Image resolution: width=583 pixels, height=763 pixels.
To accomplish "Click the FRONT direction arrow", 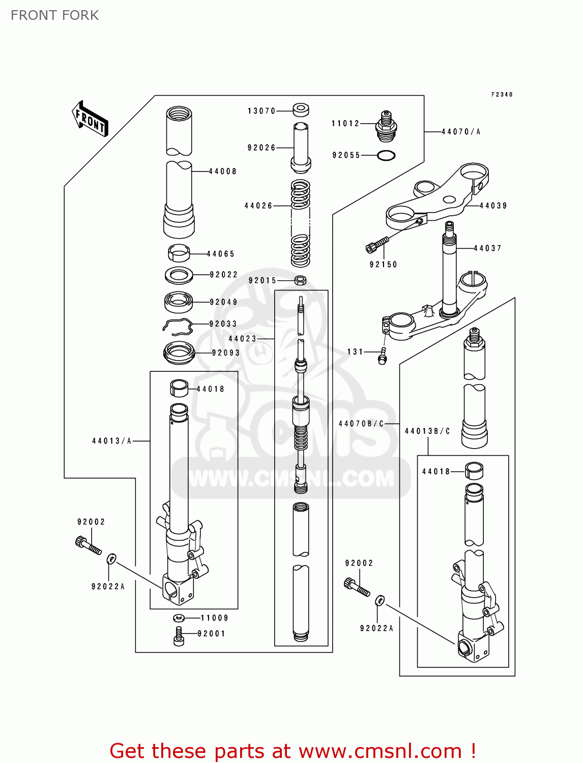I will click(x=90, y=119).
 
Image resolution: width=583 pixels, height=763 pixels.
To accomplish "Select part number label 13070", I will click(x=261, y=111).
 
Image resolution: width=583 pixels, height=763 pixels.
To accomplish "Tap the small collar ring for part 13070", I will click(x=301, y=109).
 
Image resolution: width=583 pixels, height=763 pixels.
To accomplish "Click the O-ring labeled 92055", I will click(x=386, y=155).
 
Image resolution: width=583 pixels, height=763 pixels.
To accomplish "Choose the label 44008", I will click(x=223, y=171).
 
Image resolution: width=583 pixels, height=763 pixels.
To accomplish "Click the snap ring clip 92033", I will click(x=178, y=327).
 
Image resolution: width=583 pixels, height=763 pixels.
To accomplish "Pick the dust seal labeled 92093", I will click(x=179, y=352).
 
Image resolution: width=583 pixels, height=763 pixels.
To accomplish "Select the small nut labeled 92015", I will click(x=301, y=280).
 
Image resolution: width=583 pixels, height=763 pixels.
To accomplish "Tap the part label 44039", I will click(x=493, y=206).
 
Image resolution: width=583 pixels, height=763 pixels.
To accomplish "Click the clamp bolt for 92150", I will click(x=377, y=245).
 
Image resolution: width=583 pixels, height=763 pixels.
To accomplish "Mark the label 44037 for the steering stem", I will click(x=487, y=248).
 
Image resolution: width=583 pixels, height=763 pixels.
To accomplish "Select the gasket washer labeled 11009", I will click(x=179, y=618).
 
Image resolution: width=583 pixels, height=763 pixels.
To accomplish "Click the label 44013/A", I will click(x=111, y=441).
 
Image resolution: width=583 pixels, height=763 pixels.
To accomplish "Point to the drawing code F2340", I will click(x=502, y=95).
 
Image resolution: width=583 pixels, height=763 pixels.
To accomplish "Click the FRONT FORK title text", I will click(x=55, y=15).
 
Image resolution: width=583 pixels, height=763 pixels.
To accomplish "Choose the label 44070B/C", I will click(x=361, y=423).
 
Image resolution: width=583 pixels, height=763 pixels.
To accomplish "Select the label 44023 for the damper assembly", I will click(x=242, y=338).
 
